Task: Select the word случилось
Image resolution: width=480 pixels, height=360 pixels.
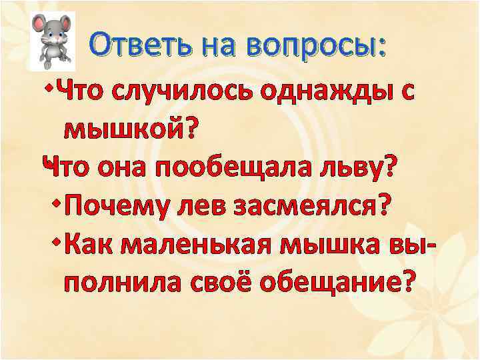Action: coord(188,93)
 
